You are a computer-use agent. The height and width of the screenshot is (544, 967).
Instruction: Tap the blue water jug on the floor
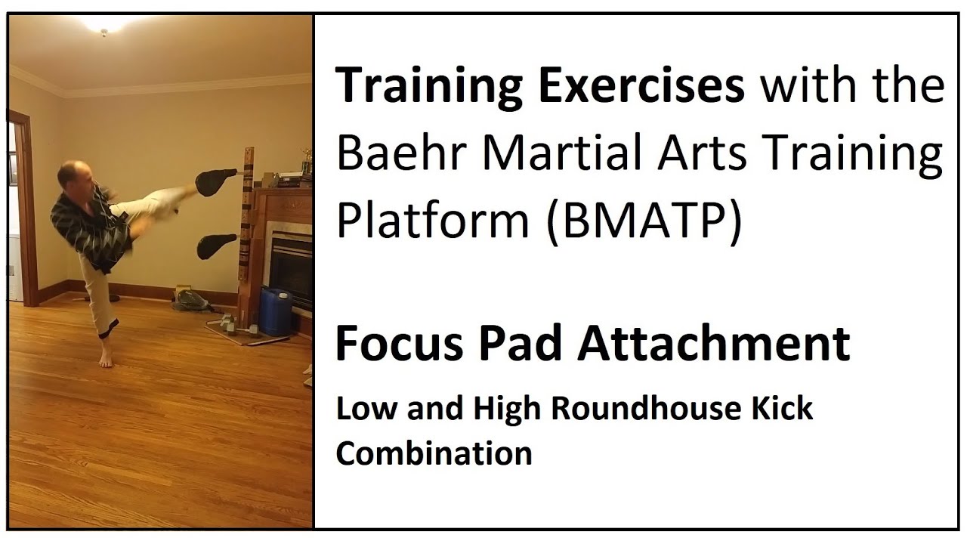(x=275, y=311)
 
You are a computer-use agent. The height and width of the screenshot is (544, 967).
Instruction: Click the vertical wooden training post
(x=246, y=227)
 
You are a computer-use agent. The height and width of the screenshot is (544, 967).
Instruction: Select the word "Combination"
(x=434, y=453)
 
